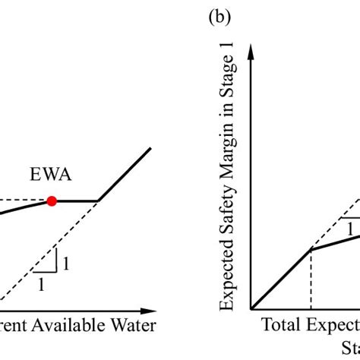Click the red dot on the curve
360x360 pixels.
pos(52,201)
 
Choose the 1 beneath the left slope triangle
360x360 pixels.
pos(42,284)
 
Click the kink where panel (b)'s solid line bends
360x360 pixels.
pos(311,248)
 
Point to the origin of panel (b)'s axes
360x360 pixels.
pos(251,309)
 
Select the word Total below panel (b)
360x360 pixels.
pos(280,326)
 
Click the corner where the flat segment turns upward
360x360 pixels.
pos(99,201)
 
